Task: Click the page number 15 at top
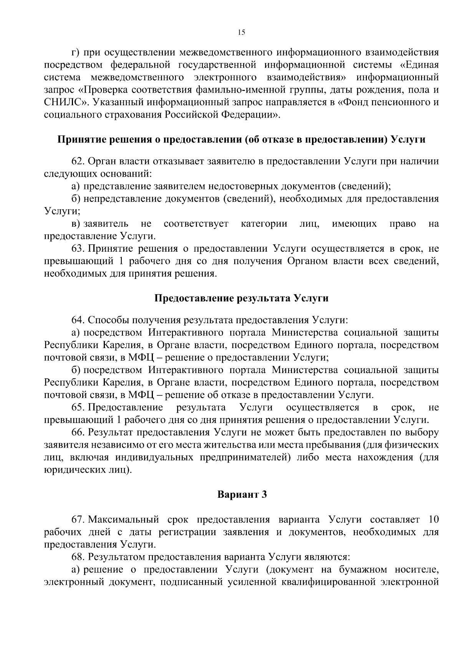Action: [x=241, y=33]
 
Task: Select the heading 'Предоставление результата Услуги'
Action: [x=241, y=299]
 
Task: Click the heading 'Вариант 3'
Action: [x=242, y=494]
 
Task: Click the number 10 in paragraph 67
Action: [x=433, y=520]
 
